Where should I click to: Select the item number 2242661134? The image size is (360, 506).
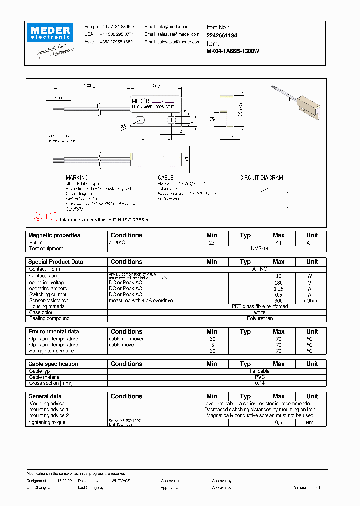[x=222, y=35]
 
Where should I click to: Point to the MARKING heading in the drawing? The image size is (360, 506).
[x=77, y=178]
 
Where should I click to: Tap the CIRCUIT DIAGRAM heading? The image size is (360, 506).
[x=261, y=178]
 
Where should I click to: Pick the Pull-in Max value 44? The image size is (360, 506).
[x=278, y=242]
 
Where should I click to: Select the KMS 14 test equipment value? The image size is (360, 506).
[x=260, y=248]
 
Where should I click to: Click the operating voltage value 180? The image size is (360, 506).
[x=278, y=283]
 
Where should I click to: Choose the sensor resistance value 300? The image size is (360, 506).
[x=278, y=301]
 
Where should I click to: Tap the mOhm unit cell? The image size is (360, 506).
[x=312, y=301]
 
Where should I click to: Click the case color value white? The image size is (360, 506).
[x=260, y=312]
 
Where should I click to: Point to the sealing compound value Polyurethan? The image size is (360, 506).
[x=260, y=318]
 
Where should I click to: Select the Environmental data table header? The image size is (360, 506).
[x=54, y=331]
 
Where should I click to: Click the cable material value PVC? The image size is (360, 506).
[x=260, y=377]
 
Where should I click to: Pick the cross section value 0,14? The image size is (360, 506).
[x=260, y=383]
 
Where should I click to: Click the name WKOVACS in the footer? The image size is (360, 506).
[x=121, y=480]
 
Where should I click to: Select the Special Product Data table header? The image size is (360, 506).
[x=56, y=261]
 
